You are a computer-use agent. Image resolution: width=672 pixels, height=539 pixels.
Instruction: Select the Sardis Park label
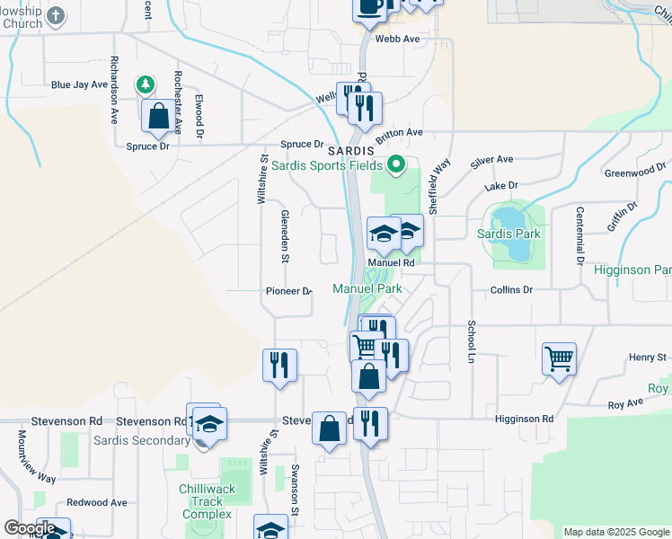point(509,234)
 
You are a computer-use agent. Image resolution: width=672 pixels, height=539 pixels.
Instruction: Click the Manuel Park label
point(367,288)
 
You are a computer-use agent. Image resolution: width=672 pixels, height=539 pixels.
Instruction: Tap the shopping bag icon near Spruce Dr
point(159,116)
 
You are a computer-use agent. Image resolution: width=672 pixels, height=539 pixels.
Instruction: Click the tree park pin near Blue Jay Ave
point(144,84)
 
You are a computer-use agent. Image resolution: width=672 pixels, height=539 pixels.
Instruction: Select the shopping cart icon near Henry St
point(559,358)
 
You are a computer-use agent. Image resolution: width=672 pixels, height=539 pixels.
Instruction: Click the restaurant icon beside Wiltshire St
point(279,364)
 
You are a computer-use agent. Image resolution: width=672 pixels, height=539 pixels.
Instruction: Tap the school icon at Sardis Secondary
point(208,423)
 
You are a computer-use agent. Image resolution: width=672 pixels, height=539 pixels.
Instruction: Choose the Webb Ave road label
point(397,39)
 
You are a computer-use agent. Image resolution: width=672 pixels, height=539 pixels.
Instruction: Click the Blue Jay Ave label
point(79,85)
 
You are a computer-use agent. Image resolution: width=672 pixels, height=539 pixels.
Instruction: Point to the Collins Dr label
point(512,290)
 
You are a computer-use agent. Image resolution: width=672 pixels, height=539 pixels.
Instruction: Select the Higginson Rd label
point(524,419)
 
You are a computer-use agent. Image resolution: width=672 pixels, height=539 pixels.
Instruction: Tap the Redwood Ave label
point(96,502)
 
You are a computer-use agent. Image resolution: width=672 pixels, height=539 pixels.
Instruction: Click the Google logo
point(30,528)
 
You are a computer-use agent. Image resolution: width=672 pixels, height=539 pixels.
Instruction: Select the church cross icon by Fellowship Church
point(57,15)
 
